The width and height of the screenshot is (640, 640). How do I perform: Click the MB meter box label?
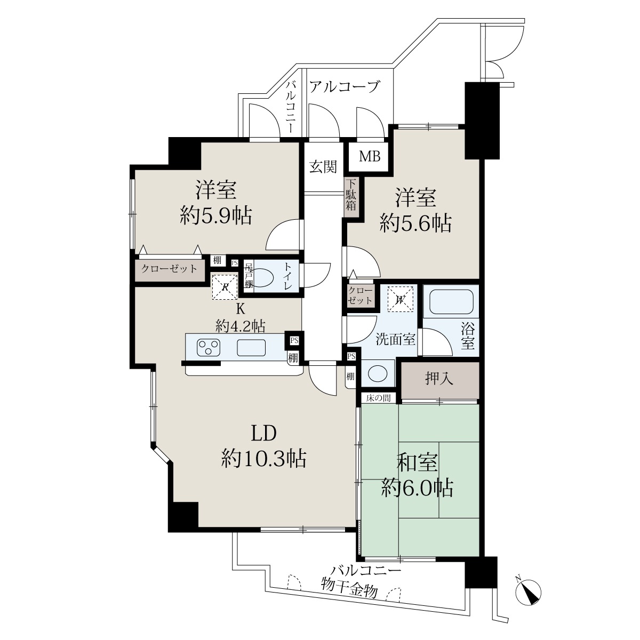tap(370, 156)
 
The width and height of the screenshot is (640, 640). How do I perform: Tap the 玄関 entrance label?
tap(323, 167)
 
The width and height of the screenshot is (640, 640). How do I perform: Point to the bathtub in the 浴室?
tap(451, 301)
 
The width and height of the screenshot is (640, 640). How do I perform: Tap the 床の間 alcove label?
tap(378, 398)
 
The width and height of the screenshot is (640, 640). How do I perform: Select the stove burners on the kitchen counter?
tap(209, 348)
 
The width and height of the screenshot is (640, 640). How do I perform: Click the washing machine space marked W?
tap(400, 299)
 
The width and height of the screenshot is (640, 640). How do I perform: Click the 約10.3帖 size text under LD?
tap(263, 459)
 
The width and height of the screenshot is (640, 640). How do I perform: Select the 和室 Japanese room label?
tap(418, 462)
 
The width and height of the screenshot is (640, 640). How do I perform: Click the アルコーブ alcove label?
tap(345, 87)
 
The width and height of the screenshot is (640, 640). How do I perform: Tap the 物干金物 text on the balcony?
tap(349, 591)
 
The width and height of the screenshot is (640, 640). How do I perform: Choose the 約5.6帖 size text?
tap(415, 223)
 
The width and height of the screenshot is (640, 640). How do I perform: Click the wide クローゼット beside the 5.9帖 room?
tap(170, 269)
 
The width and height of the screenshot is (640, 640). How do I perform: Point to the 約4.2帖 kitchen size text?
tap(240, 326)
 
